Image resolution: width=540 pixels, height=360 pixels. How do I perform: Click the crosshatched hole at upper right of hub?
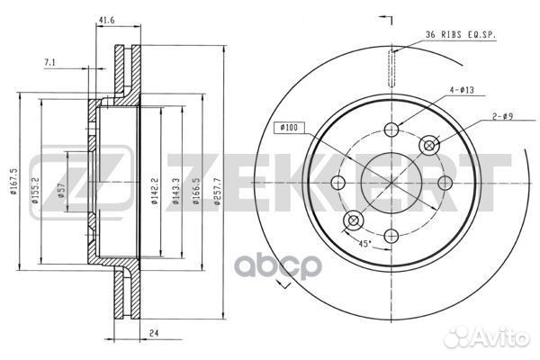429,145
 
